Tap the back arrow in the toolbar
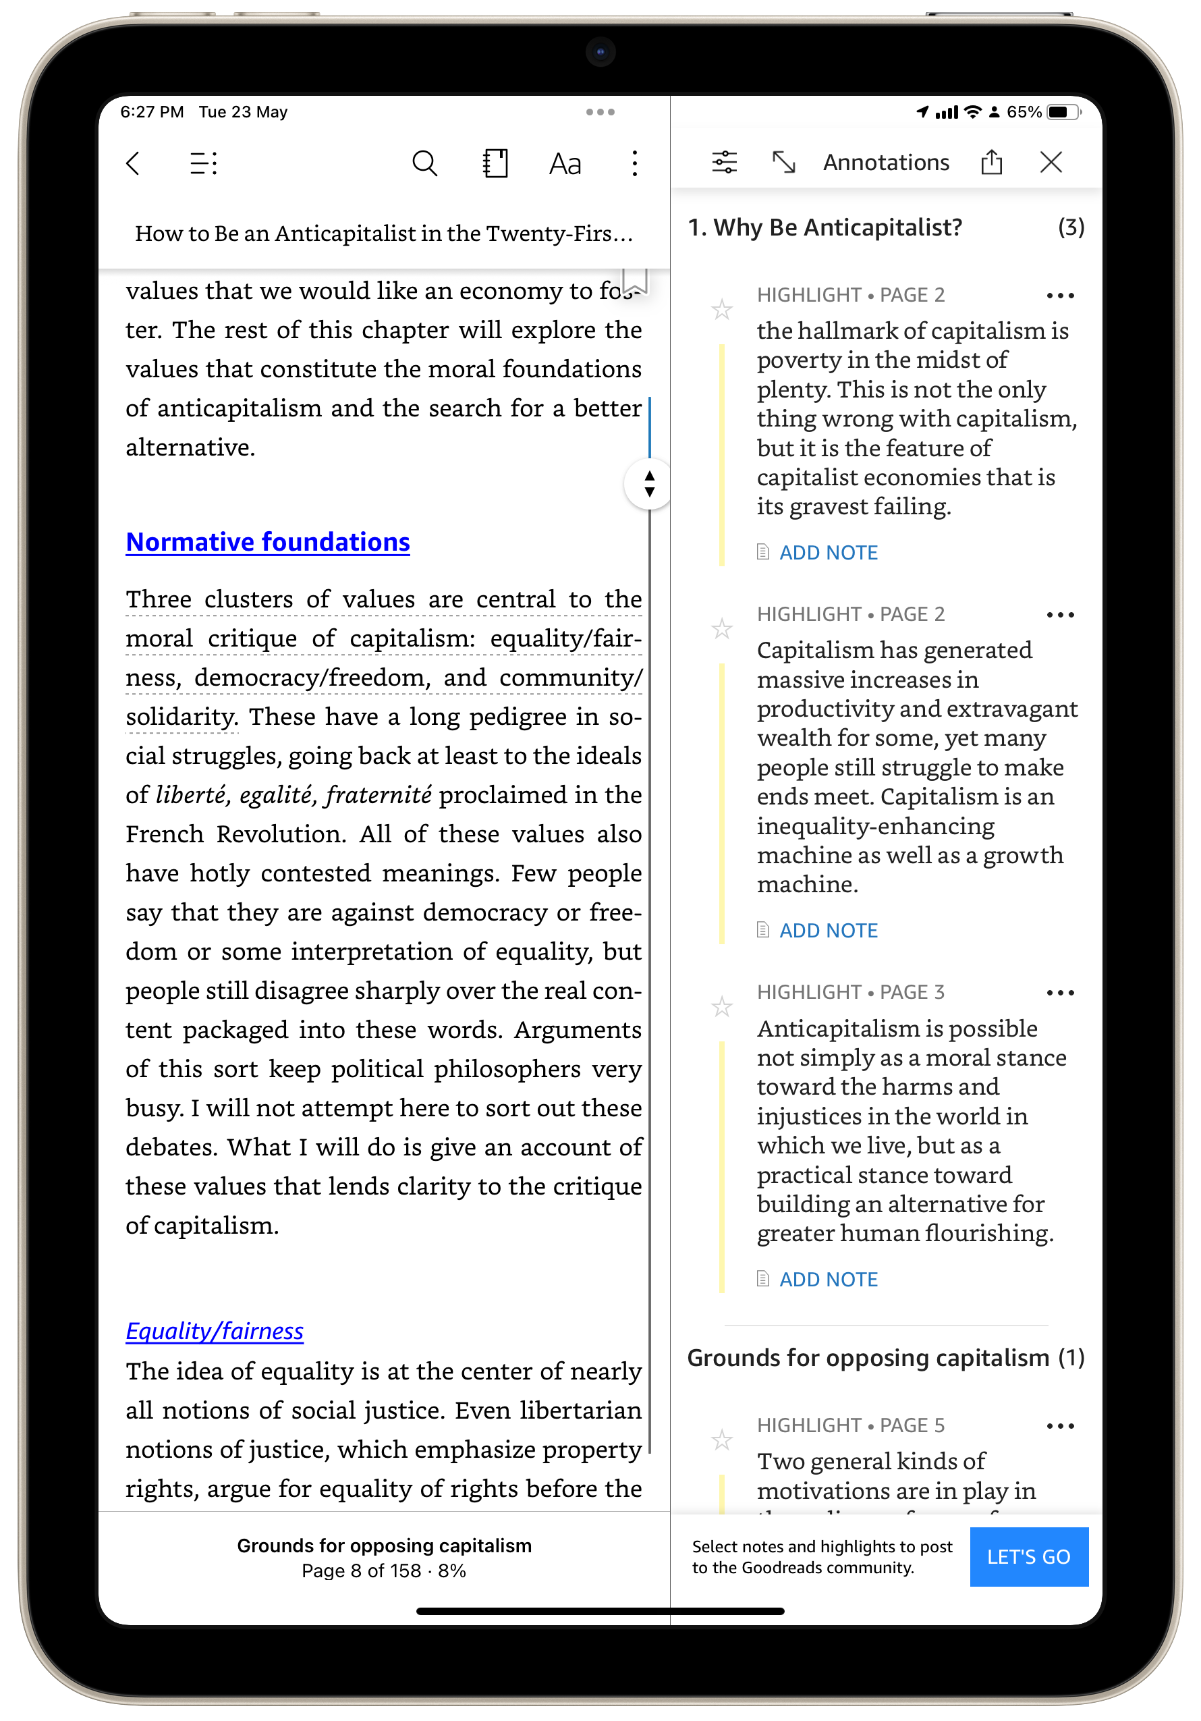click(x=134, y=163)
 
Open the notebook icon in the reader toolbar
click(x=495, y=163)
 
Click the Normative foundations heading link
click(x=267, y=542)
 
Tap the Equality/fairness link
click(x=215, y=1331)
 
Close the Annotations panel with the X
click(x=1051, y=163)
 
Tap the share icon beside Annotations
click(x=992, y=162)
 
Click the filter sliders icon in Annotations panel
click(x=725, y=162)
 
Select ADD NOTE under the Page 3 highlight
click(x=828, y=1280)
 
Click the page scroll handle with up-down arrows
click(x=649, y=484)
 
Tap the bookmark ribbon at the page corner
click(x=636, y=280)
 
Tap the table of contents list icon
click(x=203, y=163)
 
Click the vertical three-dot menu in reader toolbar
click(x=635, y=163)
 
